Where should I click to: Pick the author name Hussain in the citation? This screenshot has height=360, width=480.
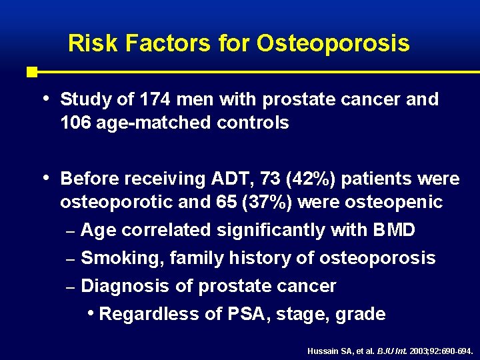tap(322, 351)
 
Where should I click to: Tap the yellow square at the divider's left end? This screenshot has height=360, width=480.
tap(31, 71)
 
